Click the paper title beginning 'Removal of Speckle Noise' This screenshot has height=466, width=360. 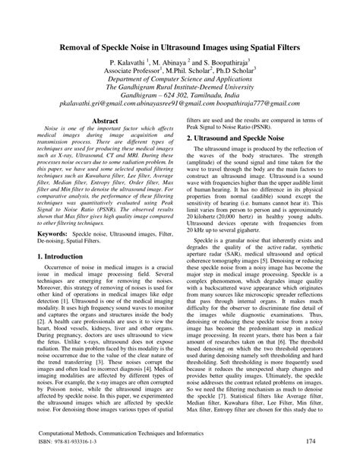tap(180, 48)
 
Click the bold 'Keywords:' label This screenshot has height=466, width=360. tap(52, 233)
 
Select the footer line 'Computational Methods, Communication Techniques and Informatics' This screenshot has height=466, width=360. tap(115, 430)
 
